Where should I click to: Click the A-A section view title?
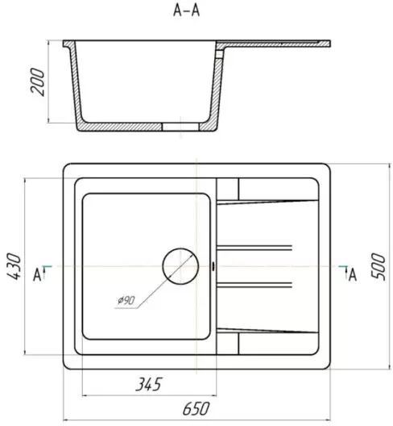186,10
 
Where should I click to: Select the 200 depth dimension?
37,81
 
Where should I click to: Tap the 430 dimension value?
14,266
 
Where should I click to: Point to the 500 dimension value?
378,266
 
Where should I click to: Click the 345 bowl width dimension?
148,384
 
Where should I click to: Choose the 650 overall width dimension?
196,408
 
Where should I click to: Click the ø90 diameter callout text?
126,300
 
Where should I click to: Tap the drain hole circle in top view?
180,266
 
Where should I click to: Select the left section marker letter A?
37,275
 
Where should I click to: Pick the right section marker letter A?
352,275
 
